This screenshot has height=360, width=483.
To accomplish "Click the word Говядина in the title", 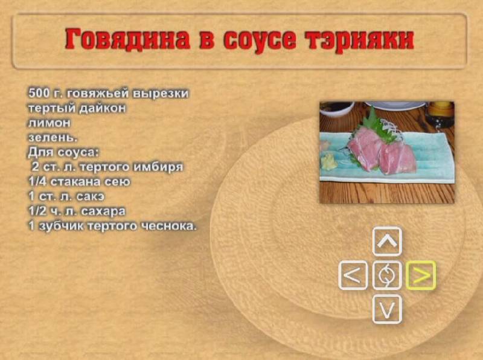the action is (127, 39).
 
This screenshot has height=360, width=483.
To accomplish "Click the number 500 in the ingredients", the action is (39, 93).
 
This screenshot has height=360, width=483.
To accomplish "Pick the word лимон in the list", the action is (50, 123).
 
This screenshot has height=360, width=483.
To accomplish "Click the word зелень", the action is (53, 138).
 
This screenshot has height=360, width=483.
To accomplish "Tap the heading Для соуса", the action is (63, 153).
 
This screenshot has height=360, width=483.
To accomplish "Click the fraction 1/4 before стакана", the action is (37, 182).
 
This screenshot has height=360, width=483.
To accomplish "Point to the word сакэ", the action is (90, 197).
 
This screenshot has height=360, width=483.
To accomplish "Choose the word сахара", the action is (103, 211).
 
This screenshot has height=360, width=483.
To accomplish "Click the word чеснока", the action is (168, 227).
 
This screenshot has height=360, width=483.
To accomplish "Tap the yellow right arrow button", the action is (421, 275).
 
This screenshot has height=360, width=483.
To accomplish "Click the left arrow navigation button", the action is (353, 275).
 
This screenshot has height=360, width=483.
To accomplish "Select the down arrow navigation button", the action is (387, 309).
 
